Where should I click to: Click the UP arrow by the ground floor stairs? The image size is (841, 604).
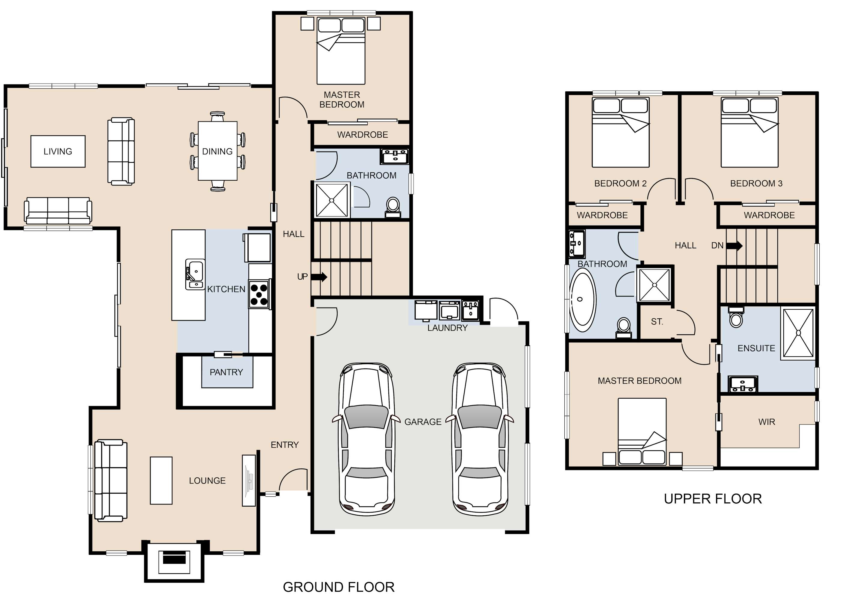pos(319,277)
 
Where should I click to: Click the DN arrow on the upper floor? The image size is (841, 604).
pos(734,245)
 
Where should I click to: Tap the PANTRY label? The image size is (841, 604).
pos(226,372)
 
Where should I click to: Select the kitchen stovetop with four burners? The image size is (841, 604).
pos(259,294)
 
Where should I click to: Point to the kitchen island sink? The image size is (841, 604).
pos(195,274)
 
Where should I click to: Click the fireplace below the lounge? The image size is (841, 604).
pos(174,561)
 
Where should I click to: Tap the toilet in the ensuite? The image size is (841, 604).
pos(736,317)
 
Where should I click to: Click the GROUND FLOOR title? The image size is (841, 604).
pos(339,587)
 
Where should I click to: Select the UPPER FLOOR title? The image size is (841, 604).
pos(713,498)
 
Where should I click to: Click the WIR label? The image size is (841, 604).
pos(767,422)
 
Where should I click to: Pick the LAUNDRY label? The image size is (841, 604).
pos(447,328)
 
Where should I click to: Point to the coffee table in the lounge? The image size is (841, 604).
pos(161,480)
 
